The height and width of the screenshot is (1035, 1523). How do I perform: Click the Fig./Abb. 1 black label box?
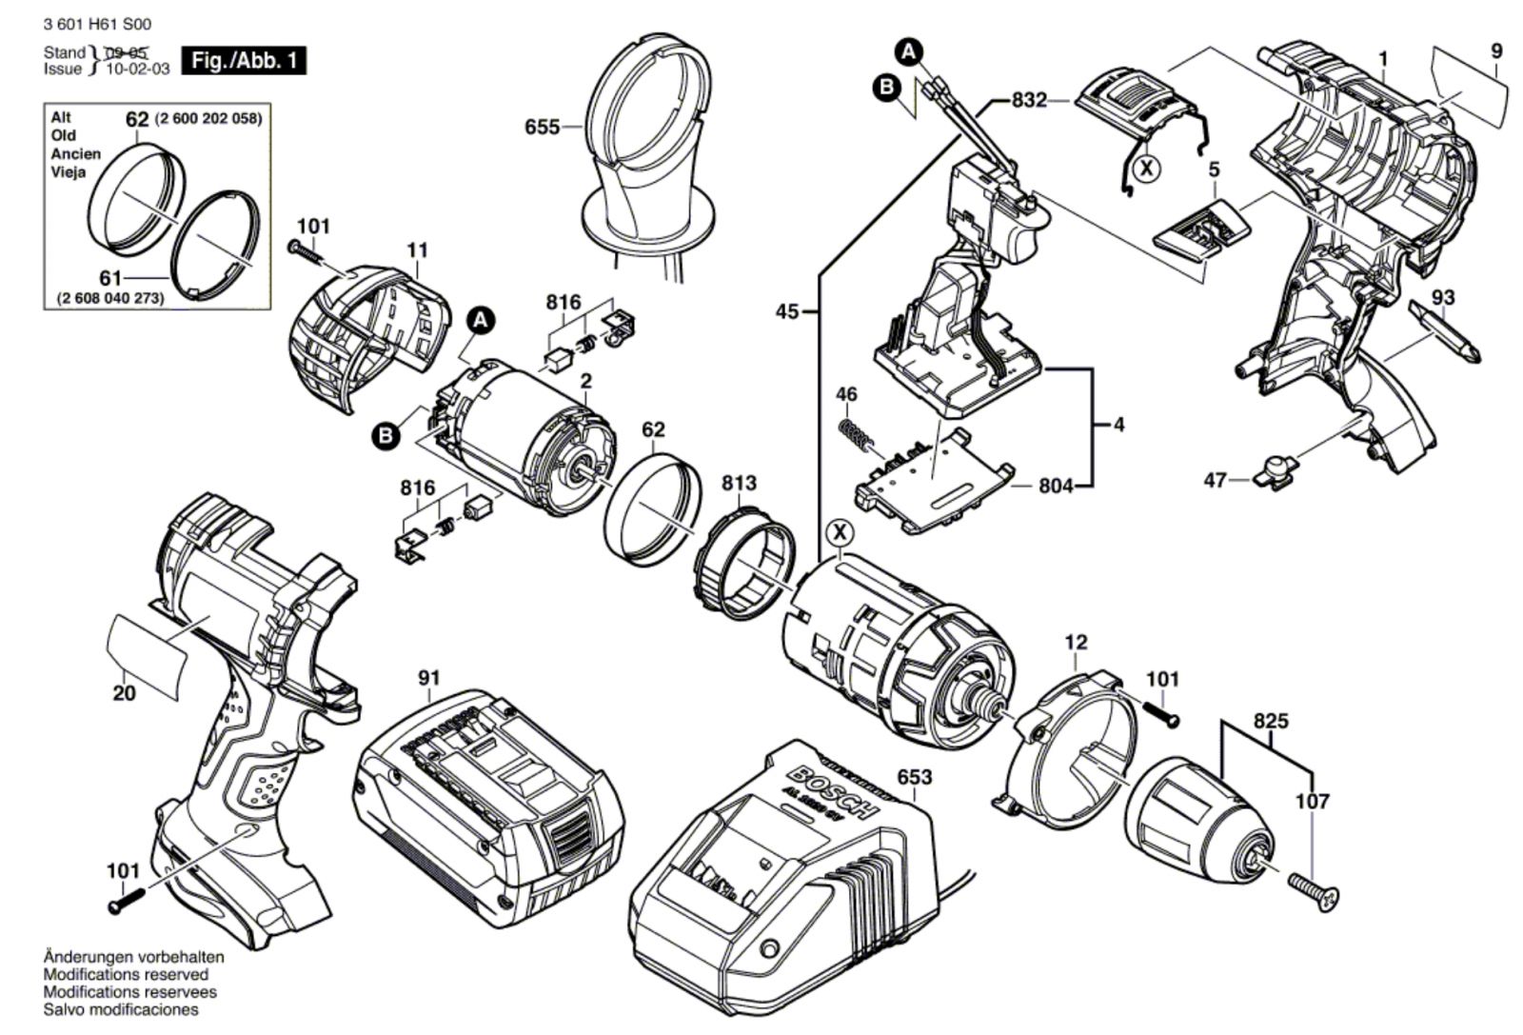(245, 61)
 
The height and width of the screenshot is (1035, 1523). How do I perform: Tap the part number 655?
(542, 127)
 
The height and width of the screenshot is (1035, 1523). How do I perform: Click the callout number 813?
(739, 483)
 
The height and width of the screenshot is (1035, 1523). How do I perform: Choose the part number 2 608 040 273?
(110, 298)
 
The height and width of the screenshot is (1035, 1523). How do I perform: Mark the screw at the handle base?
(128, 900)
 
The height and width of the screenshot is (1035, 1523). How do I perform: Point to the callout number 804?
(1057, 486)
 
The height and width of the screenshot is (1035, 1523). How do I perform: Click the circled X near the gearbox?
(840, 531)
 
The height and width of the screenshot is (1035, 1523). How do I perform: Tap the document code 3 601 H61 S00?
(84, 25)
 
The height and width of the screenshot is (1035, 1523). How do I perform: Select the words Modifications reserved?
(126, 974)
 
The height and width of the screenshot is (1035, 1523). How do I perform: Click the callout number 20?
(124, 693)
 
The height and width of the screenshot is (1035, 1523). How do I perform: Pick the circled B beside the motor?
(386, 436)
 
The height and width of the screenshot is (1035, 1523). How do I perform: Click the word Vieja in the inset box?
(69, 172)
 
